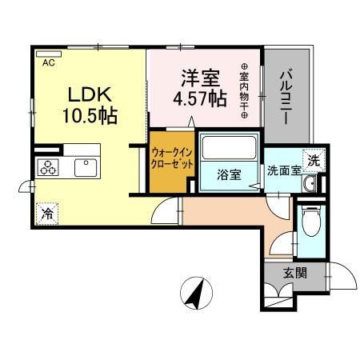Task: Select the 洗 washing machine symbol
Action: [x=314, y=159]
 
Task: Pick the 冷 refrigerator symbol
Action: [x=47, y=214]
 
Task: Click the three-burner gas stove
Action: [x=48, y=168]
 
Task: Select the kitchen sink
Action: [x=84, y=167]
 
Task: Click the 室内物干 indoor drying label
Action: [x=244, y=92]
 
